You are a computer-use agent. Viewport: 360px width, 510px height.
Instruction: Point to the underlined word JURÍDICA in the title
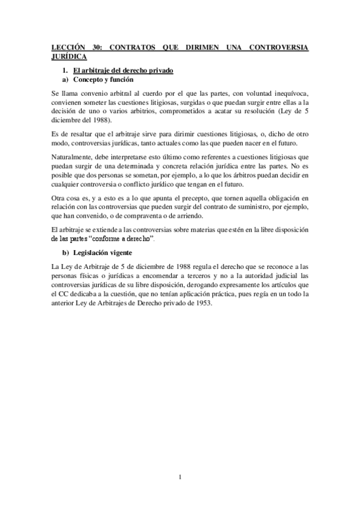click(69, 57)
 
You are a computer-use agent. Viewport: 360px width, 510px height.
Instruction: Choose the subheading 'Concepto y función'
click(103, 79)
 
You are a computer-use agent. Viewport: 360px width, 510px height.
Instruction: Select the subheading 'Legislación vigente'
click(106, 252)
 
